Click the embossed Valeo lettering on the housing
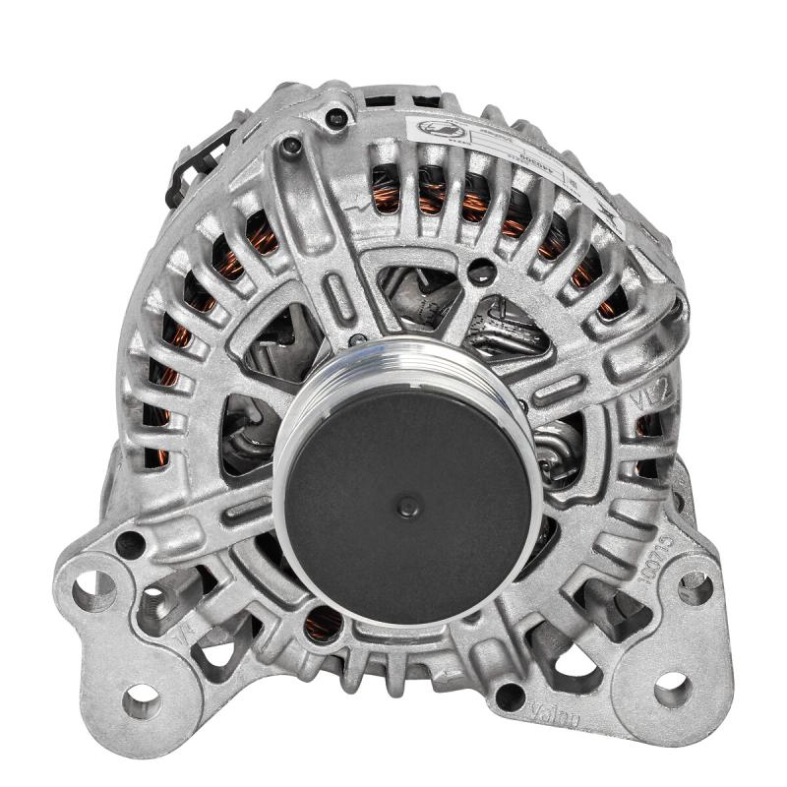click(556, 713)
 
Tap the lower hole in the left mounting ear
click(142, 700)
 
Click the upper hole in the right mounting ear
click(695, 587)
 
